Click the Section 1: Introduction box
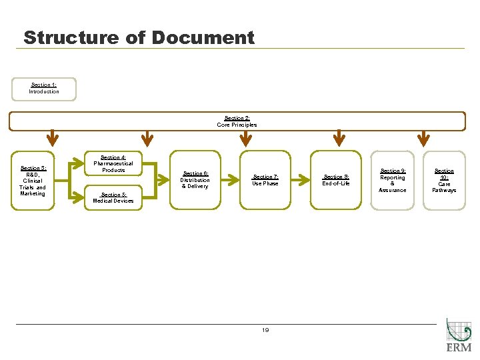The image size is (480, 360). tap(44, 89)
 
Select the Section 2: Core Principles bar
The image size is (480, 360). tap(237, 121)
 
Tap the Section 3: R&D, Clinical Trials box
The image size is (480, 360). tap(33, 180)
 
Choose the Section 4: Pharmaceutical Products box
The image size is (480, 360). tap(113, 164)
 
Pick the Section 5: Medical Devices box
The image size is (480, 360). tap(113, 198)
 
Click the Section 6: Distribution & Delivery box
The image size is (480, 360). tap(195, 180)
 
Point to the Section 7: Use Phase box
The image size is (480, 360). tap(265, 180)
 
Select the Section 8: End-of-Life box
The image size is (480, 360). tap(336, 180)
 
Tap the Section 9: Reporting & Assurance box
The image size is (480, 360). tap(392, 180)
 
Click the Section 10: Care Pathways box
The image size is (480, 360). tap(444, 180)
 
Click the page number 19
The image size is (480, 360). tap(265, 330)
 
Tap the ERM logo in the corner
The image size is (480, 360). tap(459, 337)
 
